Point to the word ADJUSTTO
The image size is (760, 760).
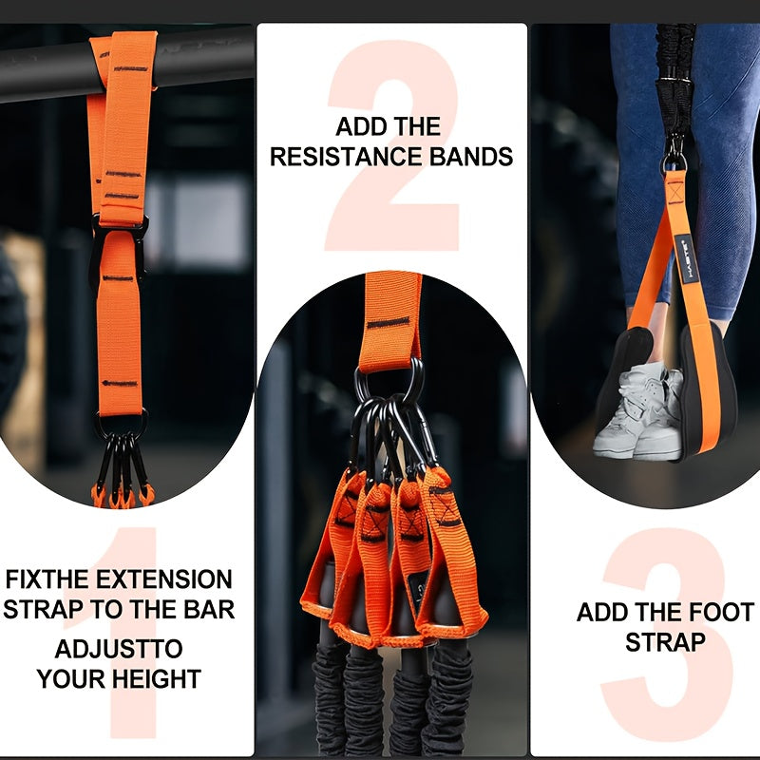[118, 651]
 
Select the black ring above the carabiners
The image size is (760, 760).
[389, 380]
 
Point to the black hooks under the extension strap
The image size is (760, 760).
[120, 465]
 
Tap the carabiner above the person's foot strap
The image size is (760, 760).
[674, 152]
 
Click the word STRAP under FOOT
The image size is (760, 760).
[665, 642]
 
